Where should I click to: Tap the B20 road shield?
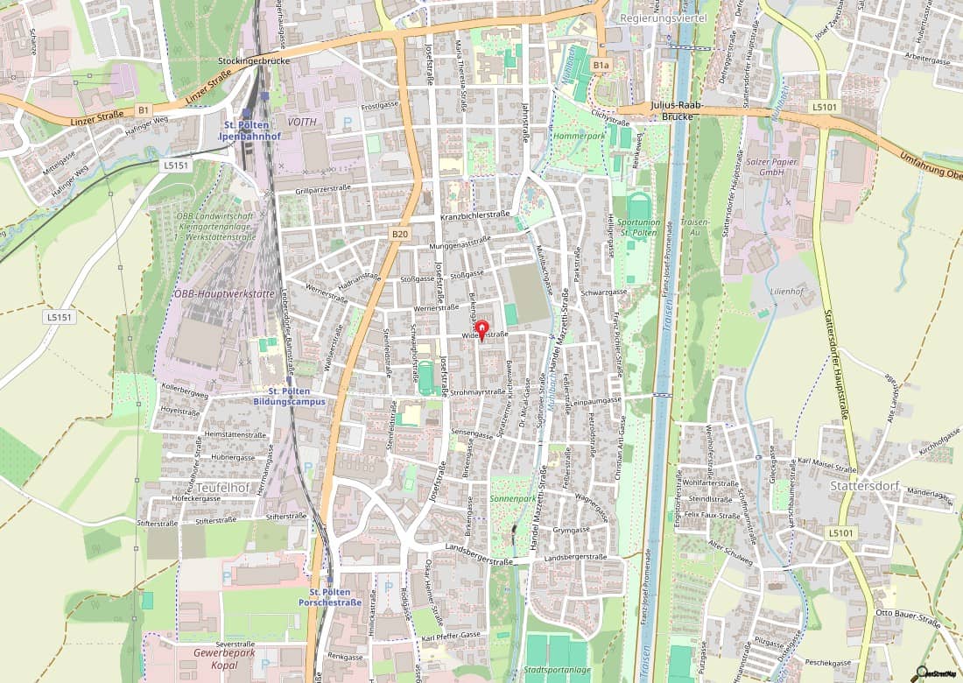(399, 235)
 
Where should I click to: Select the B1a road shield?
(600, 65)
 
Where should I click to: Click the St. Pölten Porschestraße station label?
(330, 596)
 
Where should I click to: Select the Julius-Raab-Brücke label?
(678, 110)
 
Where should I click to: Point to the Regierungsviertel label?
(662, 18)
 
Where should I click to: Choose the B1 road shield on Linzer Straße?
(143, 109)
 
